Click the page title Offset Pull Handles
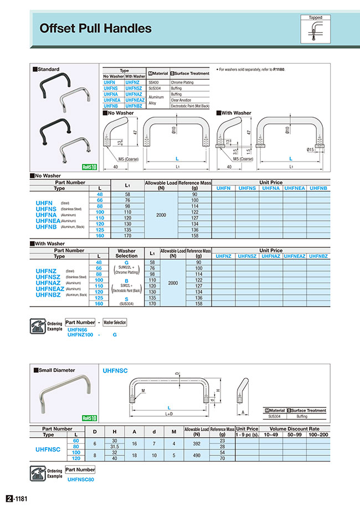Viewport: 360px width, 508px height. pyautogui.click(x=95, y=28)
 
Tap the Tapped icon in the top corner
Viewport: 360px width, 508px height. pyautogui.click(x=315, y=29)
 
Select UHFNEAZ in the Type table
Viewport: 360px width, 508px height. pyautogui.click(x=135, y=100)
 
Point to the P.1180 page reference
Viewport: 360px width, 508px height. pyautogui.click(x=285, y=69)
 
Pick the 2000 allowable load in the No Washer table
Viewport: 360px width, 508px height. pyautogui.click(x=161, y=214)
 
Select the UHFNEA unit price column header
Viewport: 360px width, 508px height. pyautogui.click(x=294, y=188)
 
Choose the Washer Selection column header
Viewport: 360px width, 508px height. pyautogui.click(x=127, y=253)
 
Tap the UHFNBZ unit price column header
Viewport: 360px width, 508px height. pyautogui.click(x=318, y=256)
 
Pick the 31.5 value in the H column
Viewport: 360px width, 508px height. pyautogui.click(x=114, y=446)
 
